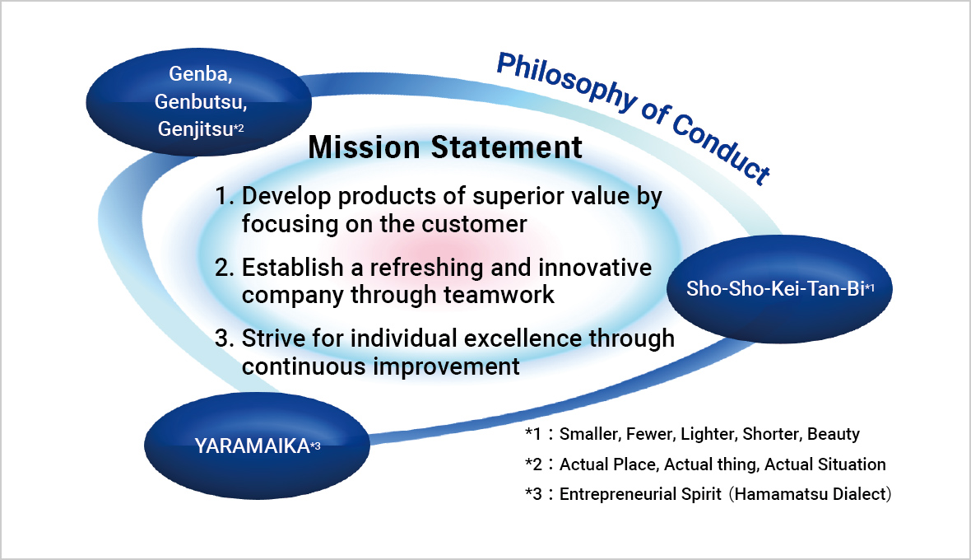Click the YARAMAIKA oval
(x=257, y=446)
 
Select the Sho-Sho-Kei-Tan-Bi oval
(x=779, y=289)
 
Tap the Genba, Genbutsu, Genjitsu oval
(x=199, y=101)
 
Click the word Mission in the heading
(x=364, y=147)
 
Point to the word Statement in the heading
(x=507, y=147)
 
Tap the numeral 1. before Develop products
(x=225, y=196)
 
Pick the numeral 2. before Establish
(x=225, y=268)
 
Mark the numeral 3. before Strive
(x=225, y=338)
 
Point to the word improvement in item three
(x=447, y=366)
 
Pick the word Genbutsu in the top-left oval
(x=201, y=101)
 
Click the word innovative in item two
(x=594, y=268)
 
